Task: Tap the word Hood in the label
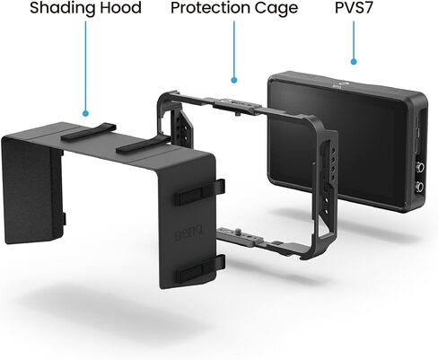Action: [120, 7]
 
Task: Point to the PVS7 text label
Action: [354, 7]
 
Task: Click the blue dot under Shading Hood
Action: [86, 113]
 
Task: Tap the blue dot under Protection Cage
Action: [234, 80]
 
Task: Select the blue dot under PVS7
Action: [354, 62]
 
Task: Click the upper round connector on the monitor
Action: [420, 167]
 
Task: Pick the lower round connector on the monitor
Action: [420, 188]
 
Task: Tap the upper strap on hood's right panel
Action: [200, 191]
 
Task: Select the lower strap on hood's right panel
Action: [200, 268]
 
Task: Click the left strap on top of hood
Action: [88, 132]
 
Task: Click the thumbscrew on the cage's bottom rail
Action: [237, 232]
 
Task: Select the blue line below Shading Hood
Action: [85, 66]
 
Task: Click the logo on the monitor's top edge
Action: [341, 85]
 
